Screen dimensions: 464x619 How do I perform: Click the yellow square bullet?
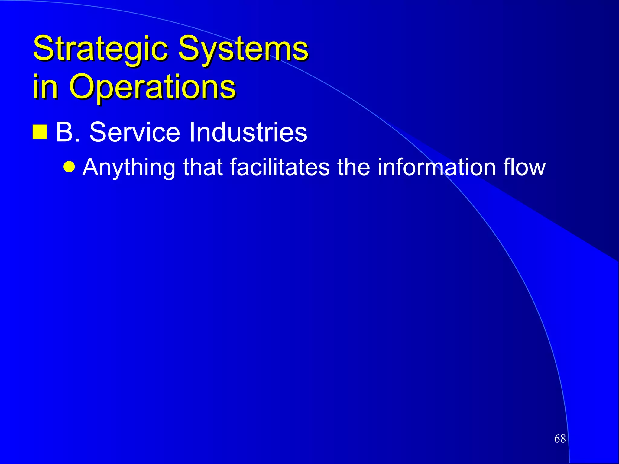(40, 132)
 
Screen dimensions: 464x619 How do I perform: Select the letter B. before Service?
(68, 132)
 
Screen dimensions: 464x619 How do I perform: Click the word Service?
(135, 132)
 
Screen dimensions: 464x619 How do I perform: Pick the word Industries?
(248, 132)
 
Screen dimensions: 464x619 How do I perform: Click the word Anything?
(129, 167)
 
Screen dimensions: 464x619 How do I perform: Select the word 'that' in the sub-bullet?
(203, 167)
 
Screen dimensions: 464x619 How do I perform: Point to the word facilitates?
(280, 167)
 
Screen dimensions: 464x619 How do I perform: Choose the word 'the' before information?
(353, 167)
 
